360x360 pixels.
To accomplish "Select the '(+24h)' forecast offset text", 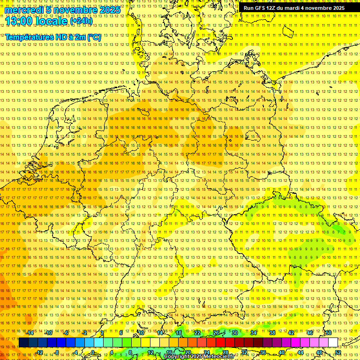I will [x=81, y=21].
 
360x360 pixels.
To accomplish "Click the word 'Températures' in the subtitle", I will [x=27, y=37].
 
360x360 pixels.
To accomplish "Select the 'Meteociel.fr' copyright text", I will [x=218, y=357].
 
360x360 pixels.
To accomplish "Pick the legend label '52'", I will [x=338, y=352].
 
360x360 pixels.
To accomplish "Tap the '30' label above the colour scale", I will [x=235, y=333].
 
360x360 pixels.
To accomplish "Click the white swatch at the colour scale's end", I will [x=333, y=343].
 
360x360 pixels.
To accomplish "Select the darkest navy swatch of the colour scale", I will [x=23, y=343].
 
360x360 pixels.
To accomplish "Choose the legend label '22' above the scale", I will [x=197, y=333].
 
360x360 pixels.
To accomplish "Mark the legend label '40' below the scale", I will [x=282, y=352].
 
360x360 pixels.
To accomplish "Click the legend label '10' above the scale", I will [x=141, y=333].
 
